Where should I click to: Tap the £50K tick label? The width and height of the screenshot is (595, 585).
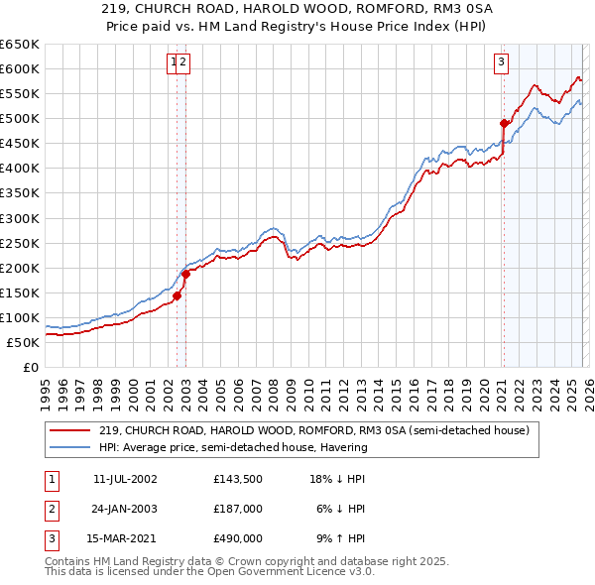(x=24, y=342)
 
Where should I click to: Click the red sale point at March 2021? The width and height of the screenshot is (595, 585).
(x=504, y=123)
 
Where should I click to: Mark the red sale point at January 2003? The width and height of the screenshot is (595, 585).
(x=185, y=274)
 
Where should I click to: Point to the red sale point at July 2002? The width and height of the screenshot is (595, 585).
(x=177, y=295)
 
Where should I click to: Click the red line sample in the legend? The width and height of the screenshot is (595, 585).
(x=71, y=430)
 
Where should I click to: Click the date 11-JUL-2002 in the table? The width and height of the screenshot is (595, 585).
(x=126, y=479)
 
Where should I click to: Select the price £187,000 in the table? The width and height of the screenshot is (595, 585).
(x=237, y=509)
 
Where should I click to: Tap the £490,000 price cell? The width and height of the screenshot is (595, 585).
(x=237, y=538)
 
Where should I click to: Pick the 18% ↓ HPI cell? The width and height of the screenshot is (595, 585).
(x=337, y=479)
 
